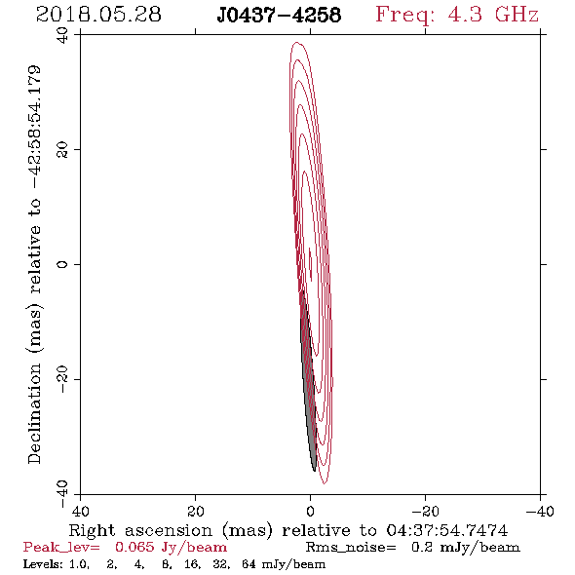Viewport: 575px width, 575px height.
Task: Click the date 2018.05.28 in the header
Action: pos(98,15)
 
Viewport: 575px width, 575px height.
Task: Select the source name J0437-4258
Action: pos(279,16)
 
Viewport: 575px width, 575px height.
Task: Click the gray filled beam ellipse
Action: pos(308,381)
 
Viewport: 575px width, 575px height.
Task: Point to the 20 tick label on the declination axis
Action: pos(62,150)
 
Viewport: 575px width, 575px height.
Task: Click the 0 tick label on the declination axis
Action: pos(62,264)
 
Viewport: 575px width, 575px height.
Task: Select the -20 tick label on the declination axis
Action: pos(62,379)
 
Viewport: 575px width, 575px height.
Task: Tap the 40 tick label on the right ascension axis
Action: pos(80,511)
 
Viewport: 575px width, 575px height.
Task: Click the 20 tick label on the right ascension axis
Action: pos(195,511)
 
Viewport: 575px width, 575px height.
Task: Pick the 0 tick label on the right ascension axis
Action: pos(310,511)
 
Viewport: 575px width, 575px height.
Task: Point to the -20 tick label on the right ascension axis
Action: pos(425,511)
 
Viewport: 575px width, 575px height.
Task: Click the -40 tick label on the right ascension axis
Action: pos(540,511)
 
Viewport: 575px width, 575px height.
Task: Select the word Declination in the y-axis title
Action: pos(34,413)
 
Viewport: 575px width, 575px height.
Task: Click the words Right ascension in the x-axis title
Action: pos(140,530)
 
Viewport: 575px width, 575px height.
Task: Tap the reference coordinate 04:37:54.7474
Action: pos(447,530)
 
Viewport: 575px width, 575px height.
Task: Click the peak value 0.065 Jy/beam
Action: pos(172,548)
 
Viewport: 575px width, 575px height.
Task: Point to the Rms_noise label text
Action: pos(351,548)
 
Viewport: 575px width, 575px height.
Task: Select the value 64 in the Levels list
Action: pos(249,563)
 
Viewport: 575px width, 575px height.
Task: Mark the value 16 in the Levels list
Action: pos(192,563)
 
